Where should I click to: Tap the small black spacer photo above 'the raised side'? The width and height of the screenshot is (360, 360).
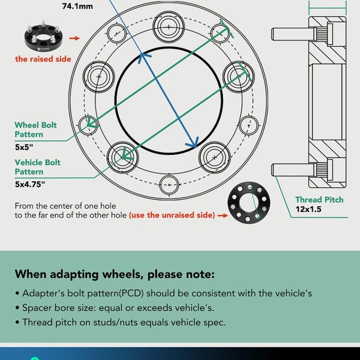click(x=42, y=37)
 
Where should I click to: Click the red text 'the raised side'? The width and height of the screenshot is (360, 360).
click(x=43, y=59)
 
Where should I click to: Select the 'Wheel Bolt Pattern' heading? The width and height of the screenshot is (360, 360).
click(x=36, y=130)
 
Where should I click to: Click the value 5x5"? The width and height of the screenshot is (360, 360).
click(x=25, y=146)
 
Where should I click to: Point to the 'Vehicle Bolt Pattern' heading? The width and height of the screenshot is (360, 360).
click(x=38, y=167)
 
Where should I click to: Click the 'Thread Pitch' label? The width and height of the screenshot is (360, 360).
click(x=319, y=199)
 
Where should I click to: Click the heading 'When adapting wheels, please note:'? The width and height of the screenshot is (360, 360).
click(x=114, y=275)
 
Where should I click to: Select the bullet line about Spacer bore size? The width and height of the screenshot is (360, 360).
click(x=114, y=307)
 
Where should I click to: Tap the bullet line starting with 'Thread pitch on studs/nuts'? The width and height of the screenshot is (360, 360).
click(x=120, y=322)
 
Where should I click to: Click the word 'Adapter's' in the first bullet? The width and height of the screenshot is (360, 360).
click(x=42, y=293)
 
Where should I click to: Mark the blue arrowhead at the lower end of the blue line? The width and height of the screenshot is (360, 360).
click(x=193, y=144)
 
